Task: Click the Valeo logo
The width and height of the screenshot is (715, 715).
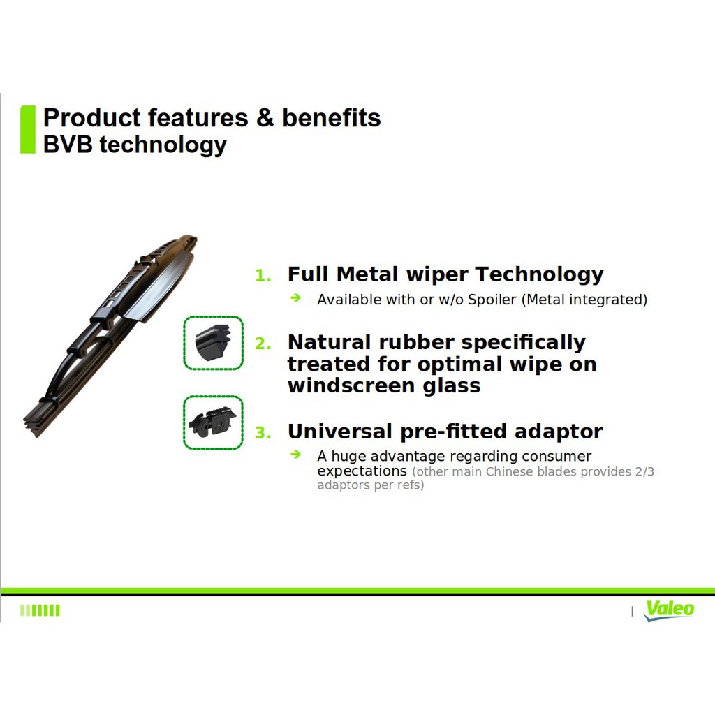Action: (x=669, y=610)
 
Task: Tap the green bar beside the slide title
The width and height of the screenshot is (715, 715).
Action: (x=28, y=129)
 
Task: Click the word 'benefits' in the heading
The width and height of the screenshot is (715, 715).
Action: (x=331, y=118)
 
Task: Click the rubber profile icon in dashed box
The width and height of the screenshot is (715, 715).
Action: (x=213, y=342)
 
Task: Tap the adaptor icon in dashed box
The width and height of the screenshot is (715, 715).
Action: (x=213, y=422)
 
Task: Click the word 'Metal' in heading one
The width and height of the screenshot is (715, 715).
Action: (x=368, y=274)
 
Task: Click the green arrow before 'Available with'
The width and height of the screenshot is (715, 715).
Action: (x=296, y=298)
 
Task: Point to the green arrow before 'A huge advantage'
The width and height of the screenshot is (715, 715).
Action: (x=296, y=455)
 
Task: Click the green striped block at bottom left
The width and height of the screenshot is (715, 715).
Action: (x=40, y=610)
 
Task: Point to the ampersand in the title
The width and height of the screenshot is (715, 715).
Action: (x=265, y=118)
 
